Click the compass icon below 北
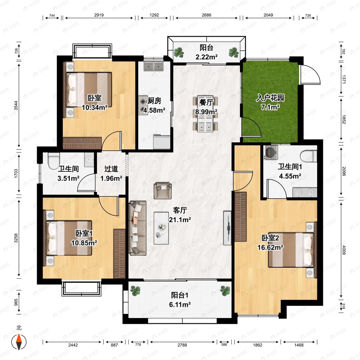[19, 342]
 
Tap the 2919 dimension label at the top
[99, 15]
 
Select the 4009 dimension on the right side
[344, 250]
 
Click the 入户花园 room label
[270, 98]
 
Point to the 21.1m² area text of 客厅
[180, 220]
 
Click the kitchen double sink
[153, 66]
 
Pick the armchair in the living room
[163, 190]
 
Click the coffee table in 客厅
[161, 228]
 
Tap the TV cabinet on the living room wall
[227, 228]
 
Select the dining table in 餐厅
[205, 114]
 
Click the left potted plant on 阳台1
[135, 291]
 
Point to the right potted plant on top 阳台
[234, 52]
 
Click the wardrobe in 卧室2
[240, 217]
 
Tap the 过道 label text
[111, 169]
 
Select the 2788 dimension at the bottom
[182, 345]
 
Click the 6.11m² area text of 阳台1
[180, 305]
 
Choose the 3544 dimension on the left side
[16, 105]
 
